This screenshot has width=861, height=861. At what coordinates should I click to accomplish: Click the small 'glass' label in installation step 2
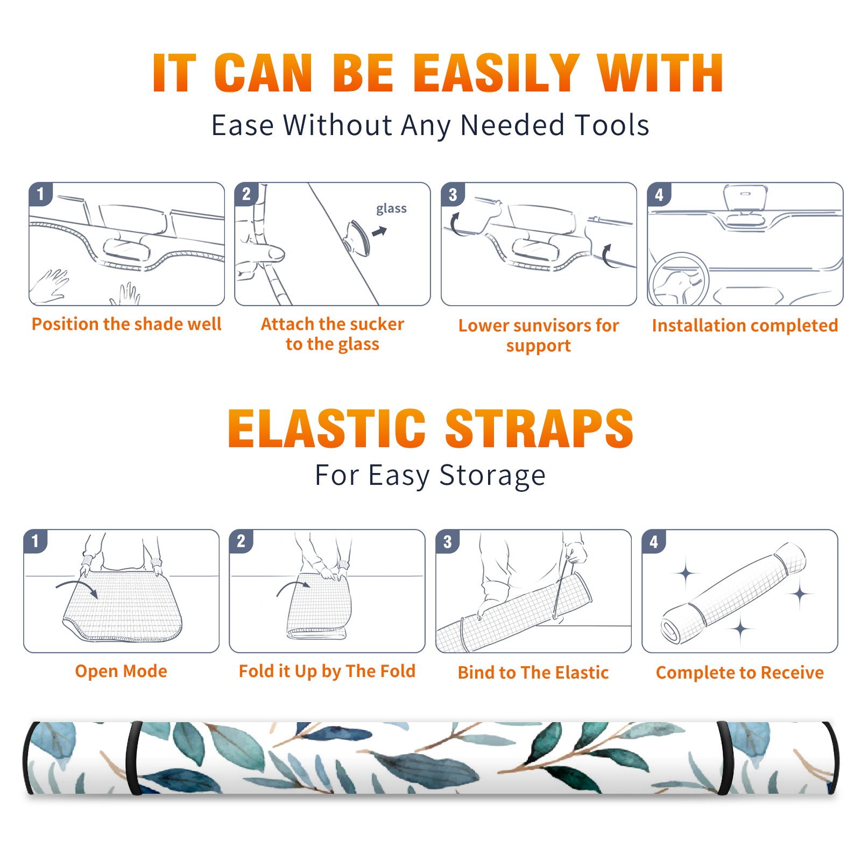point(391,209)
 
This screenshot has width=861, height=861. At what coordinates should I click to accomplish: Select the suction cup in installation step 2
point(358,237)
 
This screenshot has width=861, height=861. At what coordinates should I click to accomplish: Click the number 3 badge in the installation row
point(453,194)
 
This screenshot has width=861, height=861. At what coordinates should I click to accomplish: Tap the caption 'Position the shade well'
point(126,324)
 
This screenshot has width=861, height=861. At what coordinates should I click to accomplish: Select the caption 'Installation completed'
point(745,326)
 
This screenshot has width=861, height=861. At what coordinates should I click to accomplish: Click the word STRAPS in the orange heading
point(539,428)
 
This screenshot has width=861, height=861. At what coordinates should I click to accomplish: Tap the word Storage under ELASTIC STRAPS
point(492,476)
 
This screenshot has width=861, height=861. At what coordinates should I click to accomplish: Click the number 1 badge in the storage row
point(36,541)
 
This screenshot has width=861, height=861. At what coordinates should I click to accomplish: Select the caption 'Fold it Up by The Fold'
point(327,671)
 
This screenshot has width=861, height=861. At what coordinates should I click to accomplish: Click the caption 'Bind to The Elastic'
point(533,672)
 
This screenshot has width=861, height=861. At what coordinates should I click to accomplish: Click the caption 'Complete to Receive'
point(740,673)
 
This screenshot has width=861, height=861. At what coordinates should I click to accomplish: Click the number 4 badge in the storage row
point(654,541)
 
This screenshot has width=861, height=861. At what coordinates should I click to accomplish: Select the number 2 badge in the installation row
point(246,194)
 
